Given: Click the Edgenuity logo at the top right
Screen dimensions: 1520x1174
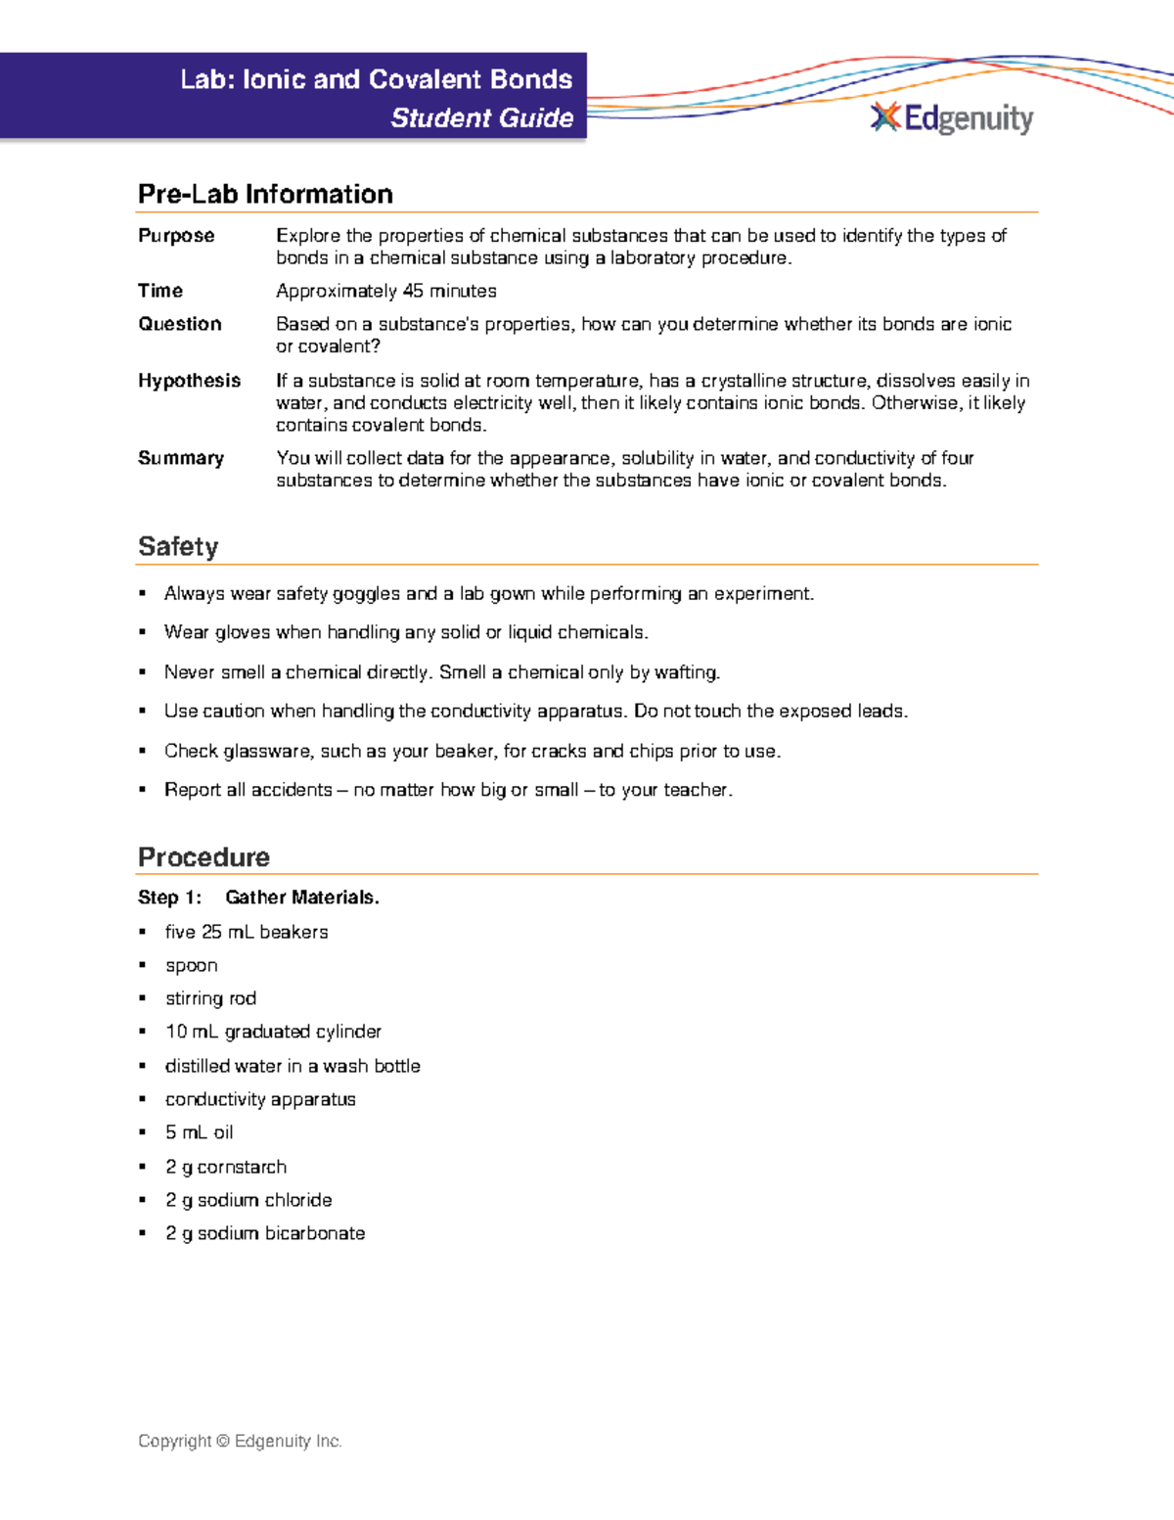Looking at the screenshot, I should tap(951, 118).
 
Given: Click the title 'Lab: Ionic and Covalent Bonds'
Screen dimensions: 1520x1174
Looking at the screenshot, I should tap(376, 79).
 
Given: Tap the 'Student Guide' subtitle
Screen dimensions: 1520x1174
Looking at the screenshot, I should tap(481, 118).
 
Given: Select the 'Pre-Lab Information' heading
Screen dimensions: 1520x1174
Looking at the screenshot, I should tap(265, 194).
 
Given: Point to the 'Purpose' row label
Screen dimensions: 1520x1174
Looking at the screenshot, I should tap(176, 236).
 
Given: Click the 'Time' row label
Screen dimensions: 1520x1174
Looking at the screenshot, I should tap(160, 291).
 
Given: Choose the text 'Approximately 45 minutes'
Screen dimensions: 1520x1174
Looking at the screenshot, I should tap(385, 291).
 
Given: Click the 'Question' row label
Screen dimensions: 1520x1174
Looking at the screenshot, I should tap(180, 324).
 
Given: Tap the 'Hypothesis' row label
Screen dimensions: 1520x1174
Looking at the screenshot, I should tap(189, 381).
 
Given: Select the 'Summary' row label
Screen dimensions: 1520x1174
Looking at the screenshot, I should tap(181, 458).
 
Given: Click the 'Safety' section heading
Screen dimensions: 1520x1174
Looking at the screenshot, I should tap(178, 546).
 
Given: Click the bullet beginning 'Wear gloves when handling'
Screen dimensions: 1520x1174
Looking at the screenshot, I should tap(405, 632).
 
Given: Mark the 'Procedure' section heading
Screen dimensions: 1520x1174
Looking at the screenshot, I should tap(203, 856).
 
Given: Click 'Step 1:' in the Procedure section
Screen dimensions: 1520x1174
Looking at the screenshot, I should tap(169, 898).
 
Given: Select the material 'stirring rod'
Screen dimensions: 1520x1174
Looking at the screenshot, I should tap(210, 998).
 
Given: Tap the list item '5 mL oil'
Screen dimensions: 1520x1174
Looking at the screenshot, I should tap(199, 1132).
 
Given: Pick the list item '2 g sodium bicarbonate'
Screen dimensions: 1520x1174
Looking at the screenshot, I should tap(264, 1233).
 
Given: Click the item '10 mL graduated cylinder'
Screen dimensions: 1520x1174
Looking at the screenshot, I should tap(273, 1032).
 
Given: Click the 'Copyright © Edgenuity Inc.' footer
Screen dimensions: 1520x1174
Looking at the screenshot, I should tap(240, 1441).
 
